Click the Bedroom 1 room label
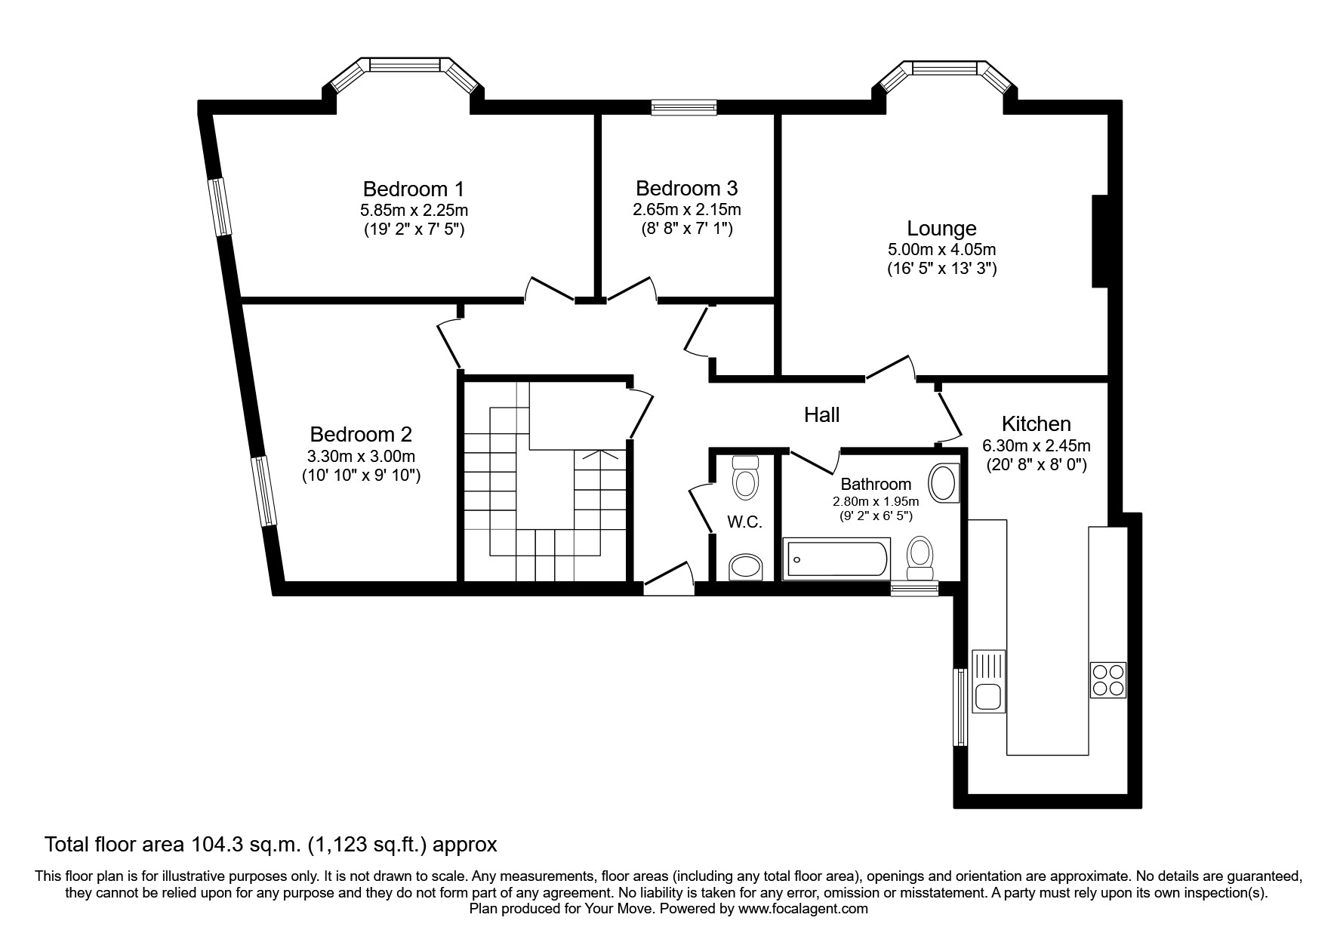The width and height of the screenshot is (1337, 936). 413,189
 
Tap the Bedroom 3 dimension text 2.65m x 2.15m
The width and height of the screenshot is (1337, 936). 686,209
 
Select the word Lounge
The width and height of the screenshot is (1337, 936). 941,228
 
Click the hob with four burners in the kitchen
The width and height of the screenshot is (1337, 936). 1107,679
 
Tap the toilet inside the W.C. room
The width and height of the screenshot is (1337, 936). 745,480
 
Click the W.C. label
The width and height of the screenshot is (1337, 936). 744,522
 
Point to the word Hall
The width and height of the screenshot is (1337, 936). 821,414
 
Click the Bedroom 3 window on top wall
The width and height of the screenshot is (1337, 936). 684,109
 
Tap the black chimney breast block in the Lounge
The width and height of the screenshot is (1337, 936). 1099,242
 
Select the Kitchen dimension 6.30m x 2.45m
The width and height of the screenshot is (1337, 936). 1036,446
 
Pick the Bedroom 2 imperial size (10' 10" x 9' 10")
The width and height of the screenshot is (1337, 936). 361,476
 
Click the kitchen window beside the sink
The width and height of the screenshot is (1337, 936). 960,707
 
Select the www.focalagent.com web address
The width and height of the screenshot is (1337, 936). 803,909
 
